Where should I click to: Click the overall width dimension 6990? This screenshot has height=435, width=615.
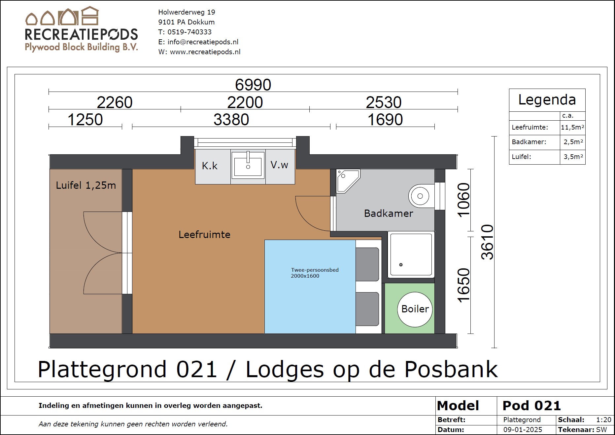click(x=253, y=85)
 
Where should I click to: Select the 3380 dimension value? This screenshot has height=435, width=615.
click(x=231, y=120)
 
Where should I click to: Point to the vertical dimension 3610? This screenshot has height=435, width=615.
click(x=487, y=242)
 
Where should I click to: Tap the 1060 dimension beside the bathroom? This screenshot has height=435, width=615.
click(x=463, y=200)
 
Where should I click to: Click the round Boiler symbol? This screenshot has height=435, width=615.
click(x=415, y=309)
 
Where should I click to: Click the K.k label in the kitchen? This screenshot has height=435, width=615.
click(x=210, y=166)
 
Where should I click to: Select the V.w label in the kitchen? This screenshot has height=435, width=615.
click(x=279, y=165)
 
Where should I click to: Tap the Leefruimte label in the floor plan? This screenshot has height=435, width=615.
click(x=204, y=235)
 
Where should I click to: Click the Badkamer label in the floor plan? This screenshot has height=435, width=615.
click(x=389, y=214)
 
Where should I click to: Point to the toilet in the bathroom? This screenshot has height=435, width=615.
click(x=421, y=196)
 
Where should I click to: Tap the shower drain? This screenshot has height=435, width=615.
click(x=401, y=265)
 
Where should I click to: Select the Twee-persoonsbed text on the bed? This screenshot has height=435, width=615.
click(x=315, y=270)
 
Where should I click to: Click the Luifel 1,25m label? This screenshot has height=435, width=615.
click(x=86, y=185)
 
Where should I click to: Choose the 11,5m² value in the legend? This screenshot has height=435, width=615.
click(x=572, y=127)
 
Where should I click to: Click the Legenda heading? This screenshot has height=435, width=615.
click(x=547, y=100)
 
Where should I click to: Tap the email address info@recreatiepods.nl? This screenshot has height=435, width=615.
click(x=203, y=42)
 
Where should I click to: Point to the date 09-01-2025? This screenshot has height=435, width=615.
click(x=523, y=430)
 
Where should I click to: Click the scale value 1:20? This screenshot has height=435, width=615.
click(x=604, y=420)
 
